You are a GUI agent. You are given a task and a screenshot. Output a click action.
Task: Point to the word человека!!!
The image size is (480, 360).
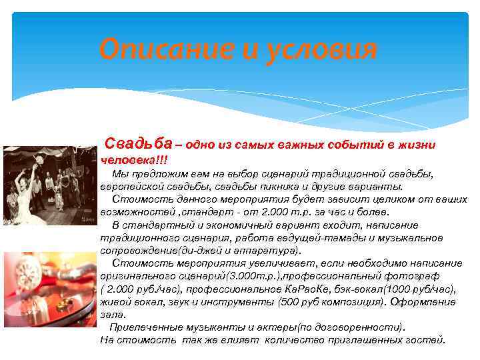[134, 160]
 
